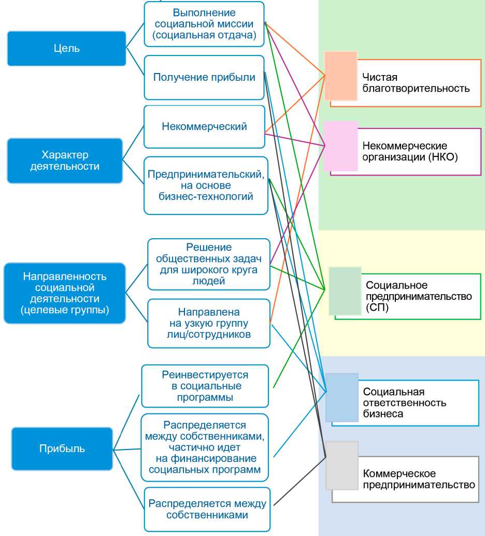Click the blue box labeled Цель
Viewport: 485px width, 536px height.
pos(66,49)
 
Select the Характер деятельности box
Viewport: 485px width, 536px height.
pos(65,161)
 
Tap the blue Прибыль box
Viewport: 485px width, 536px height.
pos(62,448)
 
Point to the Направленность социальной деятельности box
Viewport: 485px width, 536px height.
pos(65,293)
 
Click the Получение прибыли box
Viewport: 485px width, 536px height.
pos(204,78)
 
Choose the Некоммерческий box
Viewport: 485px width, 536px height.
pos(204,126)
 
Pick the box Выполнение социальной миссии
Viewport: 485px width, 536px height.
pos(204,24)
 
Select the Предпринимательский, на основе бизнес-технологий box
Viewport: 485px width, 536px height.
pos(206,185)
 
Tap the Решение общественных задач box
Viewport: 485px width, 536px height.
pos(209,264)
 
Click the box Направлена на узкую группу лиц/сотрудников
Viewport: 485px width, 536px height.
pos(209,324)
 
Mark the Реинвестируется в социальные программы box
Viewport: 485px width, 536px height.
pos(205,386)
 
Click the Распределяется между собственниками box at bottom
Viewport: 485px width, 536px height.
pos(207,509)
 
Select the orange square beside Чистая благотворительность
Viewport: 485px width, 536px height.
pos(341,76)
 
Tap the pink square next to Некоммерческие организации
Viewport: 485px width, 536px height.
pos(340,146)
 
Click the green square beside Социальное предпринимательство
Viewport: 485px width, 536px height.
pos(345,291)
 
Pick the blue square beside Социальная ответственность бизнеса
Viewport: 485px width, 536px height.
pos(342,397)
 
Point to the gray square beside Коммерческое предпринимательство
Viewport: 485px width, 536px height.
pos(342,465)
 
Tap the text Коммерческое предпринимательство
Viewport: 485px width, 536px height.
pos(419,480)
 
